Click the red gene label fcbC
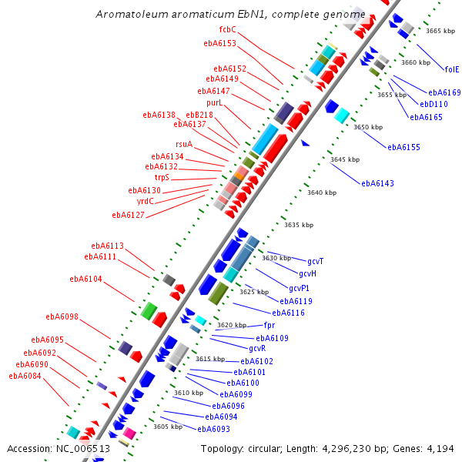point(227,29)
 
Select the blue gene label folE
point(451,69)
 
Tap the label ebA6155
point(403,147)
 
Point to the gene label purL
point(214,102)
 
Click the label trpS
point(162,177)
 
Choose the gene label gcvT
point(315,262)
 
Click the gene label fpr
point(269,326)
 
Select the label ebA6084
point(25,376)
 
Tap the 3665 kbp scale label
point(440,31)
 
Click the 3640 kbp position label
point(321,192)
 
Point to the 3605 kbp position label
point(167,427)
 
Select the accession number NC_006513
point(83,449)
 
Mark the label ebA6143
point(377,183)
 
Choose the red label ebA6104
point(85,280)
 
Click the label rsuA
point(184,145)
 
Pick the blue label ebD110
point(434,104)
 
